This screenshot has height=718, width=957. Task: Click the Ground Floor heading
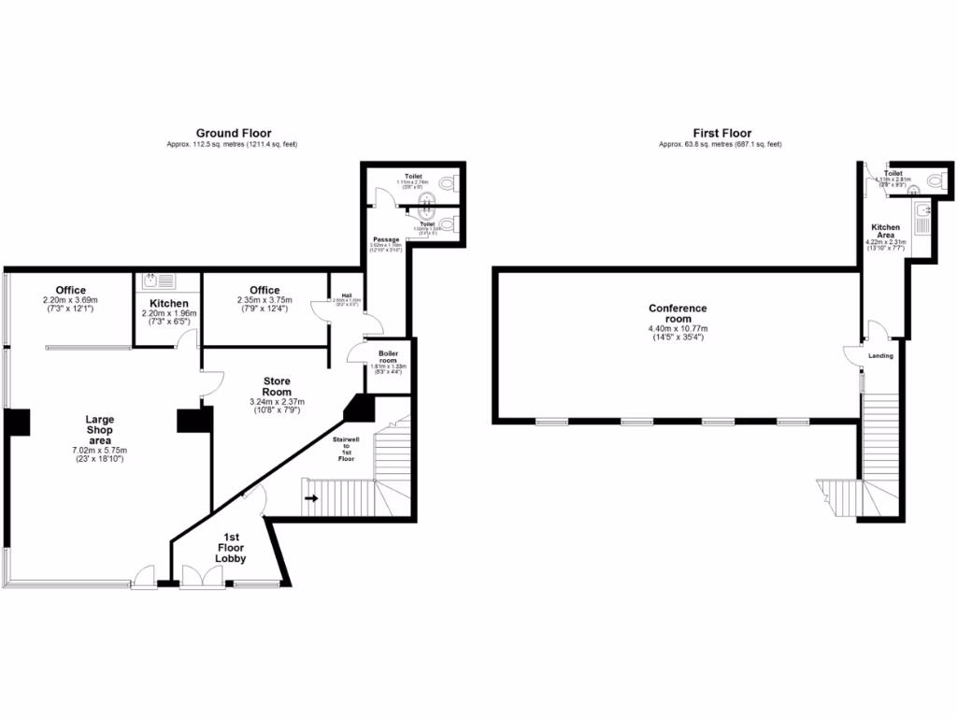[x=234, y=134]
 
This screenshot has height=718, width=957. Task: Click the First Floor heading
[x=721, y=134]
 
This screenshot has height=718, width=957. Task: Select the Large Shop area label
[x=99, y=430]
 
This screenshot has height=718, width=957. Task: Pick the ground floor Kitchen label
[x=169, y=304]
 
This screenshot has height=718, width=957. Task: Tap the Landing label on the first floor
[x=881, y=356]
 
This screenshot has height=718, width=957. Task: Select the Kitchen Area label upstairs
[x=886, y=232]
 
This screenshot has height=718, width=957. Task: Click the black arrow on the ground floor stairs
[x=311, y=498]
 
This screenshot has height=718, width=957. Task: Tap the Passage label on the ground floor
[x=386, y=240]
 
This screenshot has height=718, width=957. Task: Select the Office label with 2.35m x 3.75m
[x=265, y=290]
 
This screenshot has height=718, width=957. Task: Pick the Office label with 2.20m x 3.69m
[x=70, y=290]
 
